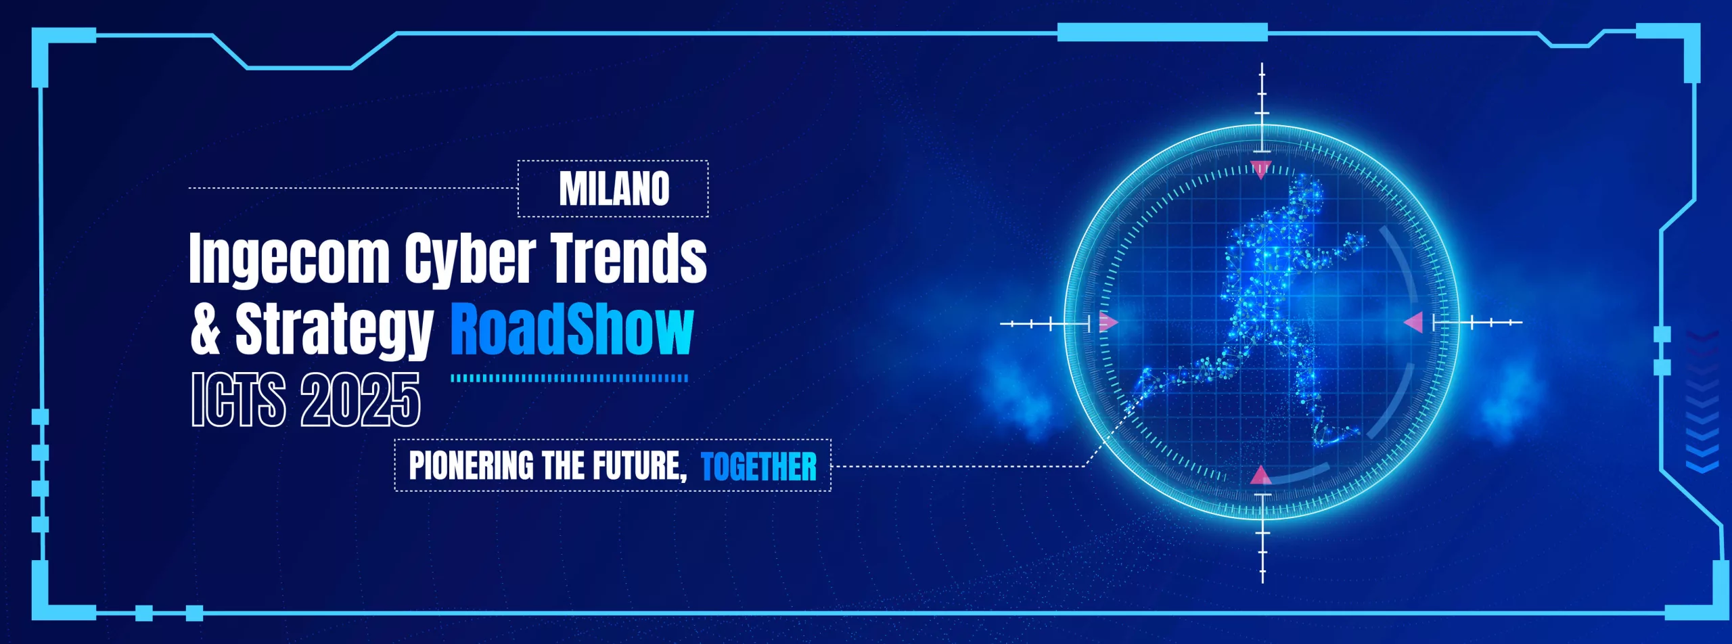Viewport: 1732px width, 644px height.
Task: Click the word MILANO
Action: click(614, 189)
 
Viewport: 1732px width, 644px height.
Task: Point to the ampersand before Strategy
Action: click(206, 329)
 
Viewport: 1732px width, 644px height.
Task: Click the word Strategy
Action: click(334, 331)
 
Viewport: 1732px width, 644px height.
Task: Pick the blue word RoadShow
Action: click(572, 329)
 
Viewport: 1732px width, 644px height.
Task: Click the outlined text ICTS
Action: click(238, 400)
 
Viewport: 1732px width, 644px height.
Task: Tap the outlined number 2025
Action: click(361, 400)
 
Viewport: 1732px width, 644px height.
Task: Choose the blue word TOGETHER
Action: click(759, 467)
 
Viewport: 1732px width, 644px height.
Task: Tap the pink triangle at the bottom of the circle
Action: click(1261, 476)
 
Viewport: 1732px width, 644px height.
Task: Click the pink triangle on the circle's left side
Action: click(1108, 322)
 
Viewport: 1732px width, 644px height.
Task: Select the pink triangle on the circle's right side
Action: click(1414, 323)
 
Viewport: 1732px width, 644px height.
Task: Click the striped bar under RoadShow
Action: click(570, 378)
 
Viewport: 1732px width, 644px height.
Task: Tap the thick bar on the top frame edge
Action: click(1162, 32)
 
